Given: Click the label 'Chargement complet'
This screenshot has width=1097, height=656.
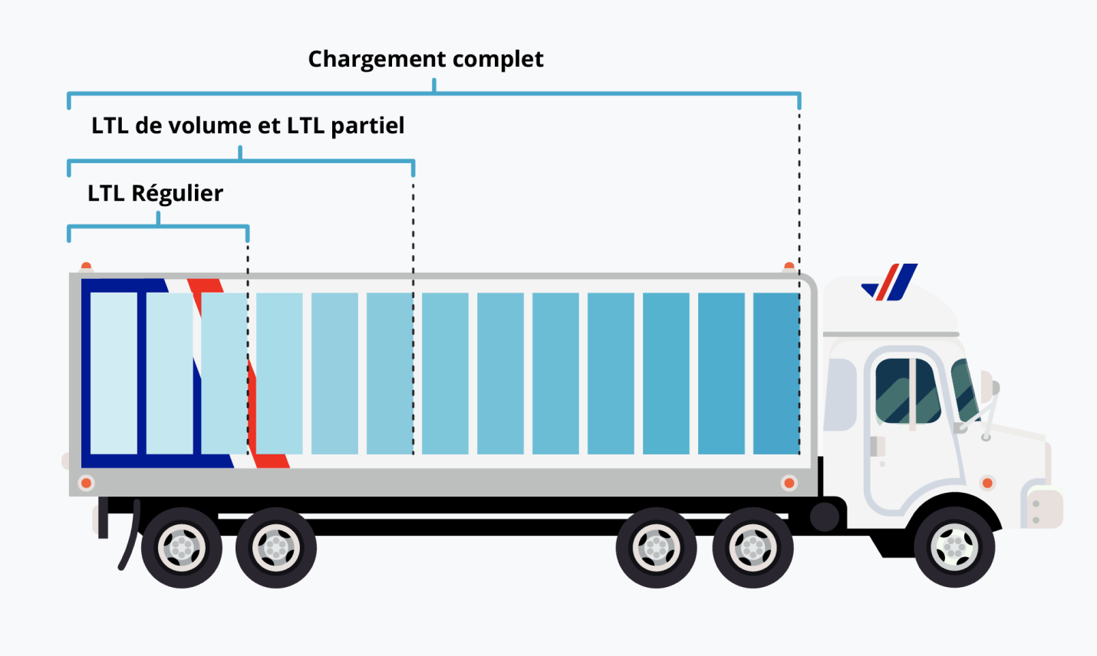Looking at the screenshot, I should pos(426,59).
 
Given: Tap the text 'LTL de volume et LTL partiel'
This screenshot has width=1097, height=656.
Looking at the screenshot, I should pos(247,126).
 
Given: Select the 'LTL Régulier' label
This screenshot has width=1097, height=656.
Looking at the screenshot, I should pos(155,193).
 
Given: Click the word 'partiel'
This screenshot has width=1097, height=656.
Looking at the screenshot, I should pos(367,126).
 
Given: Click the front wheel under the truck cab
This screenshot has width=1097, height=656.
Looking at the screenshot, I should pos(954,546).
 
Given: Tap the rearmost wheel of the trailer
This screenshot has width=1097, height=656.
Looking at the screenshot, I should pos(182,547).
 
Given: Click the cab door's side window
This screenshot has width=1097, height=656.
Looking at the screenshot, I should pos(908,391).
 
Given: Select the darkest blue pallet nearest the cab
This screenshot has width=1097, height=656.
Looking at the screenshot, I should pos(776,373).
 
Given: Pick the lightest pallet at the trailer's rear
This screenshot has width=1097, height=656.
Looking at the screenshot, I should pos(114,373).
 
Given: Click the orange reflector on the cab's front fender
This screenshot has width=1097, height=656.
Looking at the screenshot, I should pos(987,483).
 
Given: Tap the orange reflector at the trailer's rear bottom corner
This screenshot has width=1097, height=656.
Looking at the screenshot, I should pos(87,483).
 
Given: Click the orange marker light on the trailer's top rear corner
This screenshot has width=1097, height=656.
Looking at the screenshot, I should pos(87,267).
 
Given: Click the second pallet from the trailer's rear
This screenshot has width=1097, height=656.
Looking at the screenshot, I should pos(169,373).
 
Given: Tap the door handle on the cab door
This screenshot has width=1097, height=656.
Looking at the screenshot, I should pos(876,446).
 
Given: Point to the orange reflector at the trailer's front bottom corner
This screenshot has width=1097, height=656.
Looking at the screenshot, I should pos(789,483).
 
